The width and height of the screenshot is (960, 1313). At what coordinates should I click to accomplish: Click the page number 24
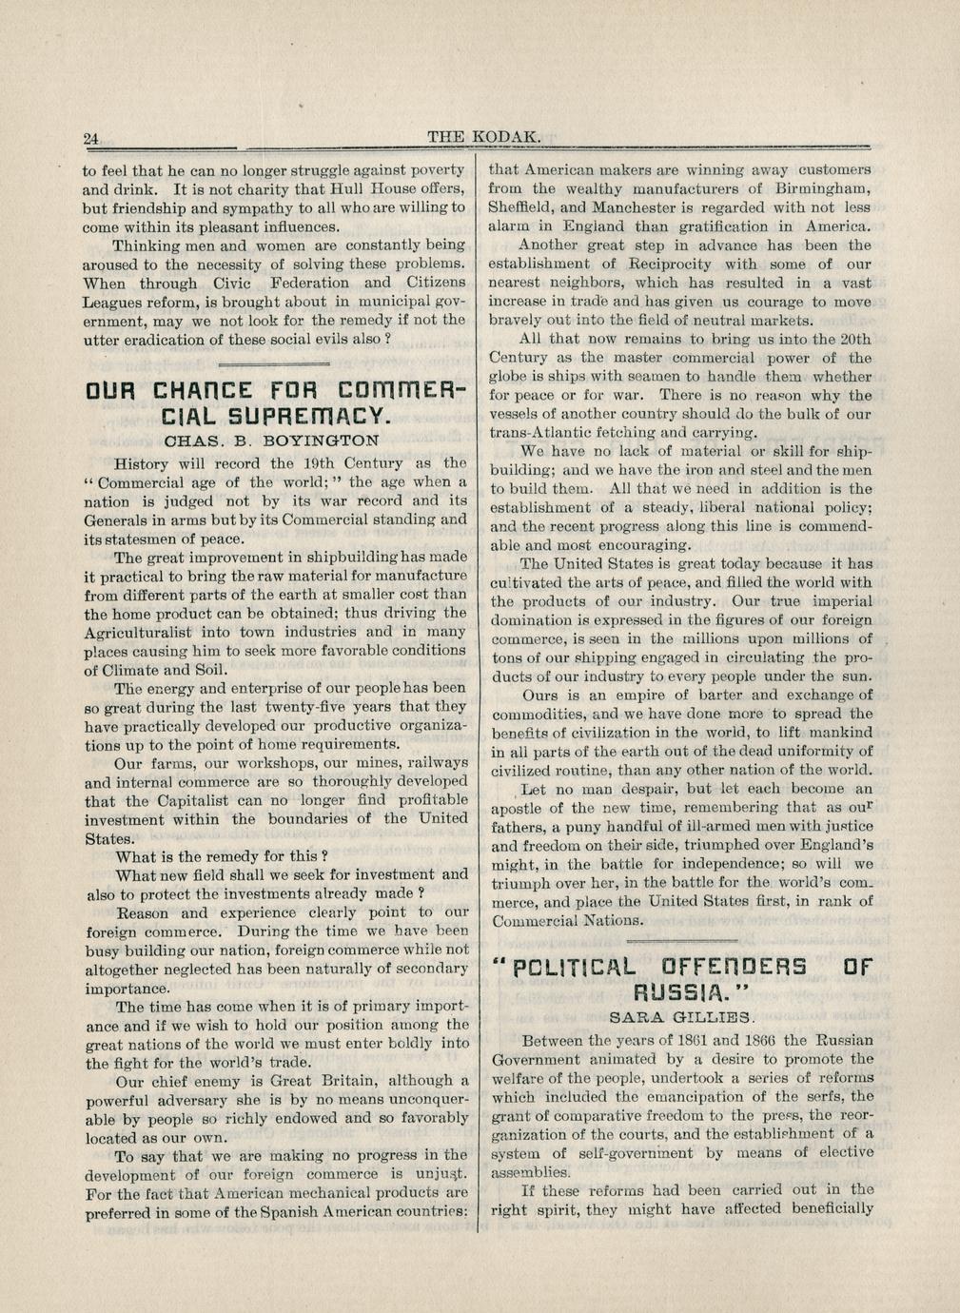click(91, 138)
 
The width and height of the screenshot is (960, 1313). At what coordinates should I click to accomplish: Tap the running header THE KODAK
click(484, 137)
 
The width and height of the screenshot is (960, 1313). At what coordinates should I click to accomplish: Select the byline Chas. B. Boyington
click(271, 441)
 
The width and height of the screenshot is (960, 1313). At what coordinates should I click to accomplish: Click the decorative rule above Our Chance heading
click(274, 363)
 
